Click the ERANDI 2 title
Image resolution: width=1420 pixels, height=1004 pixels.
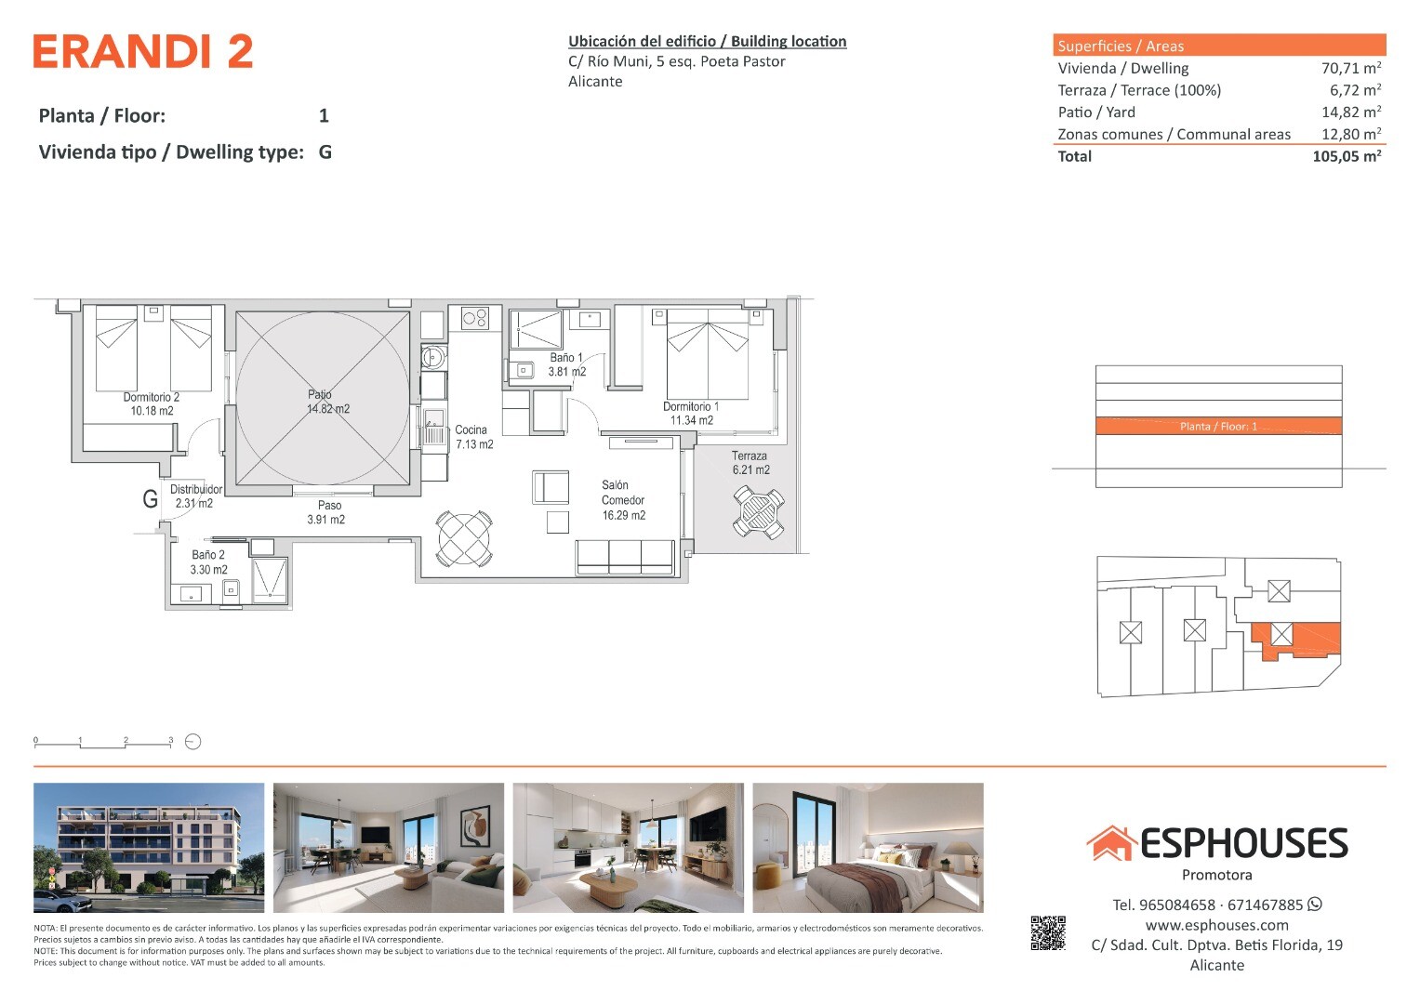[x=143, y=51]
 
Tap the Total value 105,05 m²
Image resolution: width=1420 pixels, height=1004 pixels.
[x=1347, y=156]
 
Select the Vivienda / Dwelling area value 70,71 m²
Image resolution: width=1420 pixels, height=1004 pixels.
[x=1351, y=68]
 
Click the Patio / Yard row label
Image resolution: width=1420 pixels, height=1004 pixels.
[x=1096, y=112]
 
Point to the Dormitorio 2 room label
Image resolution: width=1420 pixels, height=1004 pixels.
[x=152, y=403]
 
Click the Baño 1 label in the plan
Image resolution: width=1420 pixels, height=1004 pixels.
[x=566, y=364]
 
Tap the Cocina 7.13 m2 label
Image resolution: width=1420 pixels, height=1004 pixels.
[x=474, y=437]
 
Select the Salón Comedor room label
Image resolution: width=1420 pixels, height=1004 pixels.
[x=623, y=500]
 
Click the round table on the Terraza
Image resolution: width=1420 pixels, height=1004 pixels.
[x=758, y=512]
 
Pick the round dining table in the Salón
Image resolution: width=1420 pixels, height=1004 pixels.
[x=464, y=538]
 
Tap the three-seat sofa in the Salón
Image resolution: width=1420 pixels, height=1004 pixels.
[x=625, y=557]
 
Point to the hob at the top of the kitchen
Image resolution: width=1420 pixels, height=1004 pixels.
[x=475, y=318]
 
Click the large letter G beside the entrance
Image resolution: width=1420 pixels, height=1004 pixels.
[x=151, y=499]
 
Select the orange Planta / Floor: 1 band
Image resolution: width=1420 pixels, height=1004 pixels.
[x=1218, y=426]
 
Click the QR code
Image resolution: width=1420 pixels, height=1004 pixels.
[x=1048, y=933]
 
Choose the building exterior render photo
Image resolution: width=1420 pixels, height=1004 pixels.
[x=149, y=848]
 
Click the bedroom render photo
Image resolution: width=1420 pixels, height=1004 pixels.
[x=868, y=848]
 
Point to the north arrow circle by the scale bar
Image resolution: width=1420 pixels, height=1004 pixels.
[x=192, y=742]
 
